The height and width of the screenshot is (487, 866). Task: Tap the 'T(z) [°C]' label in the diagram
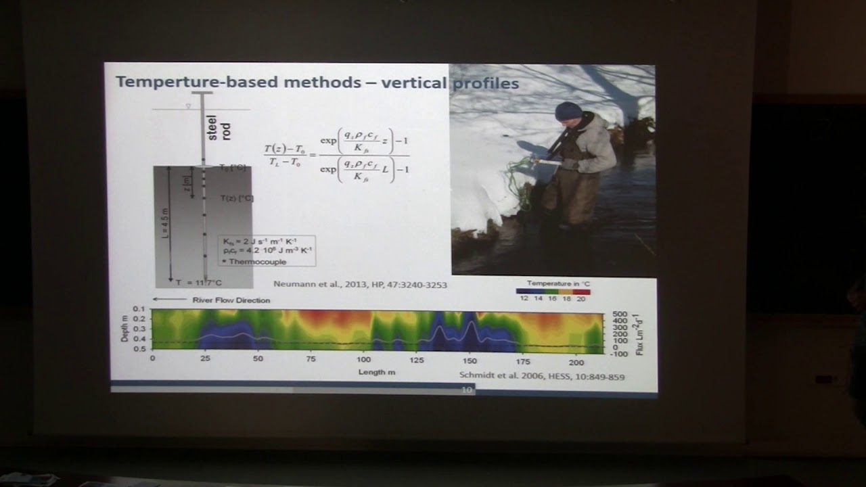237,198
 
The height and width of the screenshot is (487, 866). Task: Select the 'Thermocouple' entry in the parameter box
257,261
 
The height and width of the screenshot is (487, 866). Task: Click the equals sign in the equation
312,154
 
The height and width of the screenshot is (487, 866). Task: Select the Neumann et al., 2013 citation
359,285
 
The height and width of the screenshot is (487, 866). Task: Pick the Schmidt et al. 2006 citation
541,376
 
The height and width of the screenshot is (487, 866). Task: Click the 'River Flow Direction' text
231,300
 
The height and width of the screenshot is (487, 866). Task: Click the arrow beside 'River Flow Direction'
169,299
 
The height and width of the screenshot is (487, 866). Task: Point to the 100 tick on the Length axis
363,360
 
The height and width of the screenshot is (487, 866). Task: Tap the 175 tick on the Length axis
522,360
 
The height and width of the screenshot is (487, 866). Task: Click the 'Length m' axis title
377,372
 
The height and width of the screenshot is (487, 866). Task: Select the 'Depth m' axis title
125,328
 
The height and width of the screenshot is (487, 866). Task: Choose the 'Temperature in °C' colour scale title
553,283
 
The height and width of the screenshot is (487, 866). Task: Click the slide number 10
466,390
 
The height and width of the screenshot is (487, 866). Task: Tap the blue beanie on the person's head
568,111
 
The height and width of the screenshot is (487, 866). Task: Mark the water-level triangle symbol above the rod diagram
188,106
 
